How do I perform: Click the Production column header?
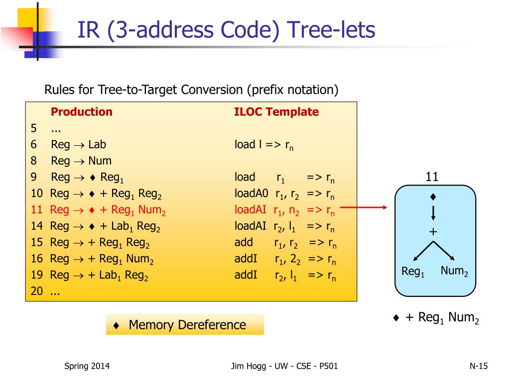82,112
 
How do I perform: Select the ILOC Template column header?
276,112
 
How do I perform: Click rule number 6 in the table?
34,145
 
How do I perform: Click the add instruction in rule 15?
244,243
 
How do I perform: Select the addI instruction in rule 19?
246,275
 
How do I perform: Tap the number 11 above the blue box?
432,177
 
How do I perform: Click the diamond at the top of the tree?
433,197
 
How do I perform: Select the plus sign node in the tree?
433,232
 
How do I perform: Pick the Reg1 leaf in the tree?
413,272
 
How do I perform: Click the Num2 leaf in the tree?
454,272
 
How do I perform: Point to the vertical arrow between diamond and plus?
433,212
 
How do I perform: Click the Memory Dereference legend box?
185,325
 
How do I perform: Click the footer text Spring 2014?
87,367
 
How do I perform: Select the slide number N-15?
479,367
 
